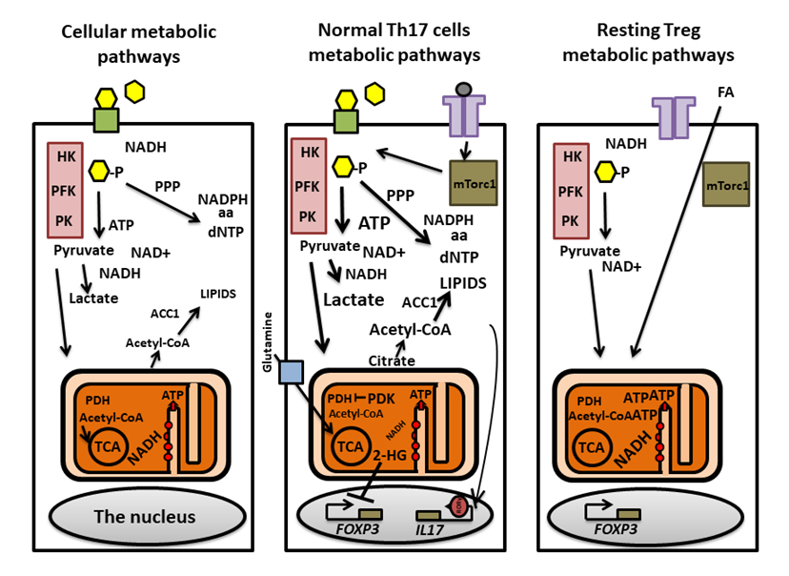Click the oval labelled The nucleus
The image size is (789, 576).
point(143,517)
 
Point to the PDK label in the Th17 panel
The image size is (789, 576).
point(383,398)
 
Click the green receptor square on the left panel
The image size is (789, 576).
point(108,119)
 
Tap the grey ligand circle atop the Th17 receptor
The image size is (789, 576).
point(464,90)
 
